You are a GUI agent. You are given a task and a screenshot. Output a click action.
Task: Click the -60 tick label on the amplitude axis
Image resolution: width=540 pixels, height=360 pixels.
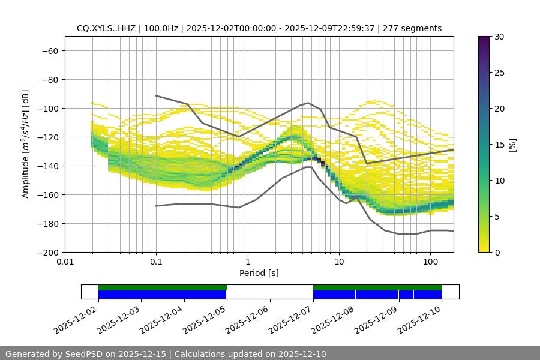coord(49,50)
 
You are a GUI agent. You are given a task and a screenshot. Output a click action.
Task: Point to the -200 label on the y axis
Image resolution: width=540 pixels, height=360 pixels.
coord(47,252)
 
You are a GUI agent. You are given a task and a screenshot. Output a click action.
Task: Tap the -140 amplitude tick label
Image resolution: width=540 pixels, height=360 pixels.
coord(47,166)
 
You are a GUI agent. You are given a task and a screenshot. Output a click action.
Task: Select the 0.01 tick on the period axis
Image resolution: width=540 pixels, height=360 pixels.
coord(65,262)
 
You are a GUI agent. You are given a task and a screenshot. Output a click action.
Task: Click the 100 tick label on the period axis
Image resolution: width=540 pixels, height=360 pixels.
coord(430,262)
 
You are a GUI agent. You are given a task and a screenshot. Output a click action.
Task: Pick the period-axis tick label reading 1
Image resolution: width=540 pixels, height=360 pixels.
coord(248,262)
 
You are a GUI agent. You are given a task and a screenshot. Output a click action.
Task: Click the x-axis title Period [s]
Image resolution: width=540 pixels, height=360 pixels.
coord(259,273)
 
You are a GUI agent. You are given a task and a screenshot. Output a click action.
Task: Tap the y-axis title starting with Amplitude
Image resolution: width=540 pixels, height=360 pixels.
coord(26,144)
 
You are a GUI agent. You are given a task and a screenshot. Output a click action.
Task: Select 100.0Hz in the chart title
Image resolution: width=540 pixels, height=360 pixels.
coord(162,28)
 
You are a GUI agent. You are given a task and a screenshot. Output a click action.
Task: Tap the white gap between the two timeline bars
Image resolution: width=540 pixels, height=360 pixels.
coord(270,292)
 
